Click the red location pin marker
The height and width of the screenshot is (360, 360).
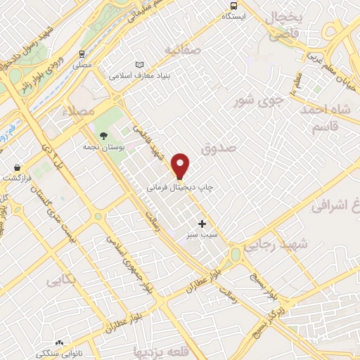181,166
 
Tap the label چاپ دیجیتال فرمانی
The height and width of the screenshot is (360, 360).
180,188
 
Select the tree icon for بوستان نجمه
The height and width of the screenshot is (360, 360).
104,136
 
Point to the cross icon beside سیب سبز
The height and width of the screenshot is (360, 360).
202,223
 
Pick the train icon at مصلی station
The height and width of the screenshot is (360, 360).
82,53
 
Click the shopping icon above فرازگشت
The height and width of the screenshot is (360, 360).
16,167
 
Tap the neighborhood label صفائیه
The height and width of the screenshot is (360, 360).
183,50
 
